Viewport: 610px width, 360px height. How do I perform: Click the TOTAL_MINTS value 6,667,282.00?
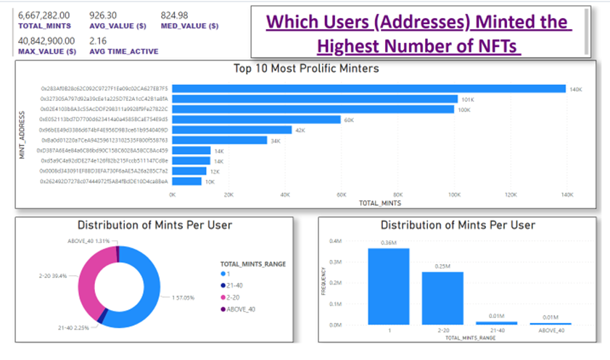(x=44, y=14)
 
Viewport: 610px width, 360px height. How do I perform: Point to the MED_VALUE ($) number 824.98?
(x=176, y=14)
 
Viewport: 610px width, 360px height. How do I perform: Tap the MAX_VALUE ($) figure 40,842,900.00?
(x=48, y=41)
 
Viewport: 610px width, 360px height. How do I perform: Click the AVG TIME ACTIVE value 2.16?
(x=98, y=41)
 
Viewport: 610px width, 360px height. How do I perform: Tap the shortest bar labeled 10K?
(x=186, y=181)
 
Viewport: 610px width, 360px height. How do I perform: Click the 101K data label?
(x=467, y=99)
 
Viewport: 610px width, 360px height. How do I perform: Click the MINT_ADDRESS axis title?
(x=22, y=135)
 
